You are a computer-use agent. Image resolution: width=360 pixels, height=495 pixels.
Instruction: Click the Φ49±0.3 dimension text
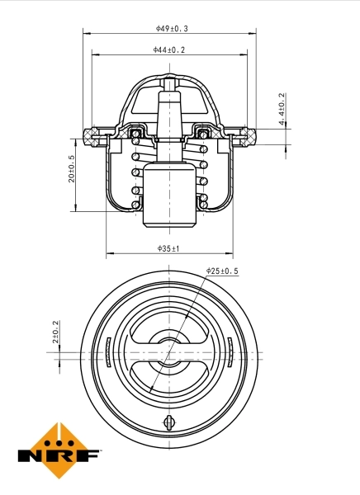pos(171,28)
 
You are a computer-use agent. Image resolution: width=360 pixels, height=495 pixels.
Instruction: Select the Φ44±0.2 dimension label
pos(169,50)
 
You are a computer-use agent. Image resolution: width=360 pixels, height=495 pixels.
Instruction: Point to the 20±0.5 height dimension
pos(72,169)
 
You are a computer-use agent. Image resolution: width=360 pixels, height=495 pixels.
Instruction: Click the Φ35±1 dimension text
pos(168,247)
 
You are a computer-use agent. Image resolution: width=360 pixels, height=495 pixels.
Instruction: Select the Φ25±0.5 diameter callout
pos(221,271)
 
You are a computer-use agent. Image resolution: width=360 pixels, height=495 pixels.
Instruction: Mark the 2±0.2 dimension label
pos(56,331)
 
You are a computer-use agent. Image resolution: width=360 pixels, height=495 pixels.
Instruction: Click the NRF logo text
pos(59,455)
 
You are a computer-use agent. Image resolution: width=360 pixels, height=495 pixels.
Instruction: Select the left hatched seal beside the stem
pos(137,132)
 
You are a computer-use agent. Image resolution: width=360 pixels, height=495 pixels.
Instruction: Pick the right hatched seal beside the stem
pos(203,132)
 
